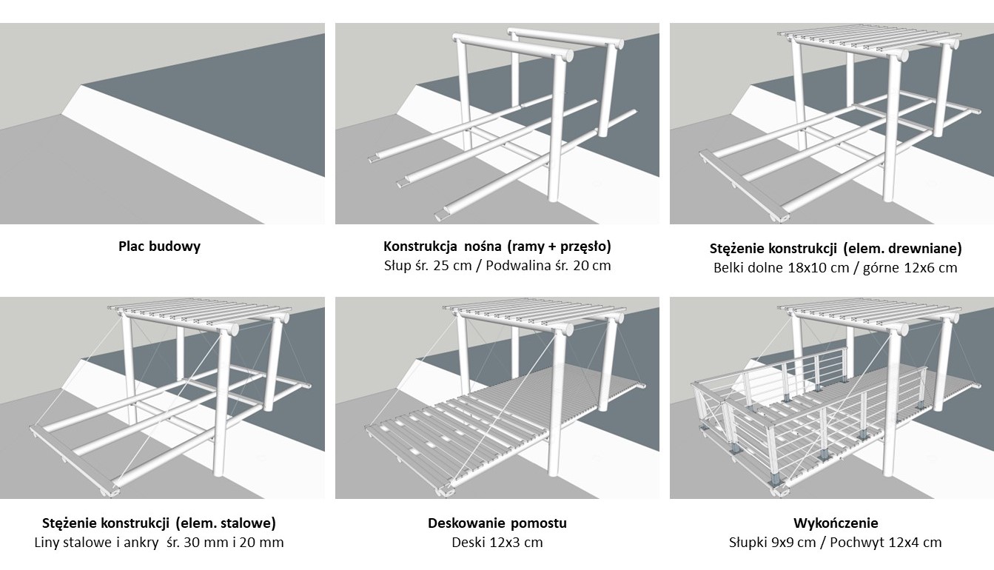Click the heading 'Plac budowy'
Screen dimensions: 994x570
point(159,247)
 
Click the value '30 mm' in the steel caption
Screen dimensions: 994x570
point(207,543)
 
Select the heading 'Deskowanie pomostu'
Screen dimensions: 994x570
point(497,523)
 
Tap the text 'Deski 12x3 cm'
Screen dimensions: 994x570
point(497,543)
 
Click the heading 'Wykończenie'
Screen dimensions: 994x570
point(836,523)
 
